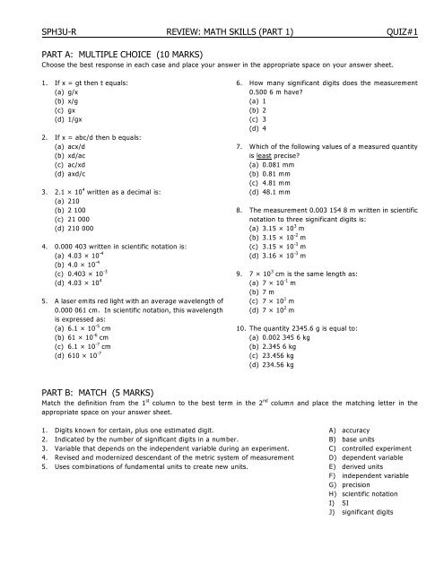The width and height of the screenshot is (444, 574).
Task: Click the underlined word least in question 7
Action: pos(255,154)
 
